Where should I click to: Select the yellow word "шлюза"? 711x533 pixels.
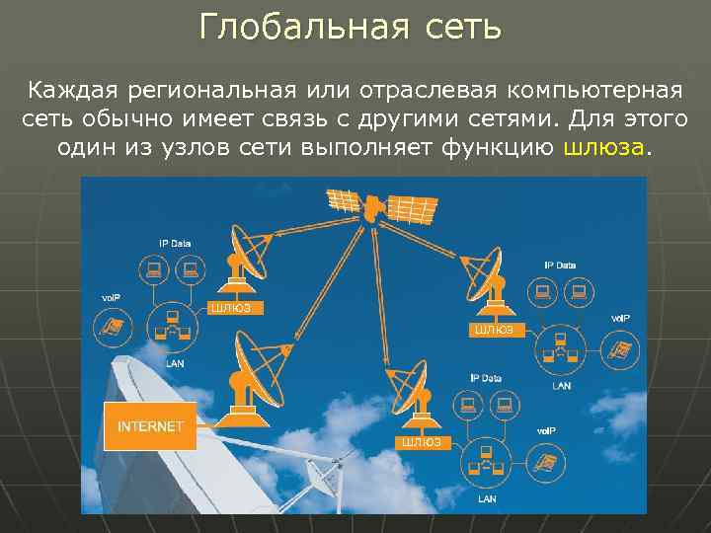click(x=603, y=148)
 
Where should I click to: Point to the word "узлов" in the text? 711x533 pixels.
click(x=214, y=148)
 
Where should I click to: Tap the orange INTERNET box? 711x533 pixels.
click(x=151, y=426)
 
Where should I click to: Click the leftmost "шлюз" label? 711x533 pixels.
click(x=231, y=308)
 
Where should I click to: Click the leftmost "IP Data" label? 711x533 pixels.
click(x=175, y=243)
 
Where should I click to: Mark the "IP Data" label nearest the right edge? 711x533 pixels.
click(x=560, y=265)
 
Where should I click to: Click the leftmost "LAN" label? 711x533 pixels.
click(x=174, y=363)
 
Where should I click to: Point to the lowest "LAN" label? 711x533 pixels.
click(x=488, y=499)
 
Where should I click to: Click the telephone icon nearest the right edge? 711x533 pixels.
click(x=619, y=348)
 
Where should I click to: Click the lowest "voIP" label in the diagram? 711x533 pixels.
click(x=545, y=431)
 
